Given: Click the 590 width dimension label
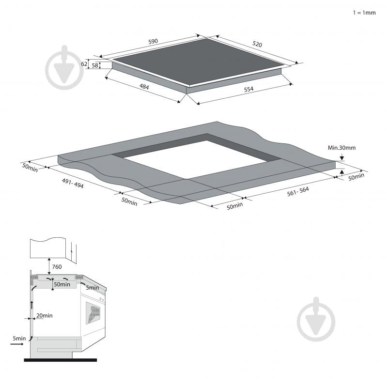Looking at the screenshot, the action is coord(153,41).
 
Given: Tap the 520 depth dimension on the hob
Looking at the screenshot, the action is coord(257,44).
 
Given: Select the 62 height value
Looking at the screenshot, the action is coord(84,63).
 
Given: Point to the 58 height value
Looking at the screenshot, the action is coord(95,65).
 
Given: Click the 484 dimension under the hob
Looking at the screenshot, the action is coord(144,86).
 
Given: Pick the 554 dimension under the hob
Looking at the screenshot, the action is coord(248,89).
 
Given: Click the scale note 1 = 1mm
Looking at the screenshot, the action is coord(364,13).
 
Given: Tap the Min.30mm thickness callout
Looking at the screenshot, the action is coord(341,148).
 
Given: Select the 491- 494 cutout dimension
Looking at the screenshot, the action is coord(73,183).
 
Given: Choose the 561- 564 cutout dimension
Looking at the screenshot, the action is coord(298,191).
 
